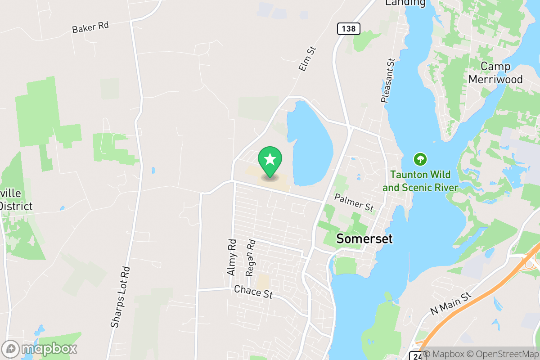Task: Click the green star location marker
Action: (x=270, y=160)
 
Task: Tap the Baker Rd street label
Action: (x=90, y=27)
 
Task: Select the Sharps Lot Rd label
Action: (x=120, y=297)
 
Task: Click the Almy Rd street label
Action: (x=232, y=257)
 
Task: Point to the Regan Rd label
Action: (x=251, y=257)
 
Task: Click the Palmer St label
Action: (x=354, y=203)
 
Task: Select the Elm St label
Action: (x=308, y=58)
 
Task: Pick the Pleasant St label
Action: (x=387, y=81)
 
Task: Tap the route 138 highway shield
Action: (x=348, y=29)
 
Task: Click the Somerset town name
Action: (x=364, y=239)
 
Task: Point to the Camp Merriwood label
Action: (x=495, y=73)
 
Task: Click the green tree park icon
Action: (x=420, y=159)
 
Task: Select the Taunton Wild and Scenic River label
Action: (x=420, y=181)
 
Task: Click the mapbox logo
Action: (x=40, y=349)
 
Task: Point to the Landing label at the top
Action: (x=405, y=3)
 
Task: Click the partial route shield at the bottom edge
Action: (x=415, y=356)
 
